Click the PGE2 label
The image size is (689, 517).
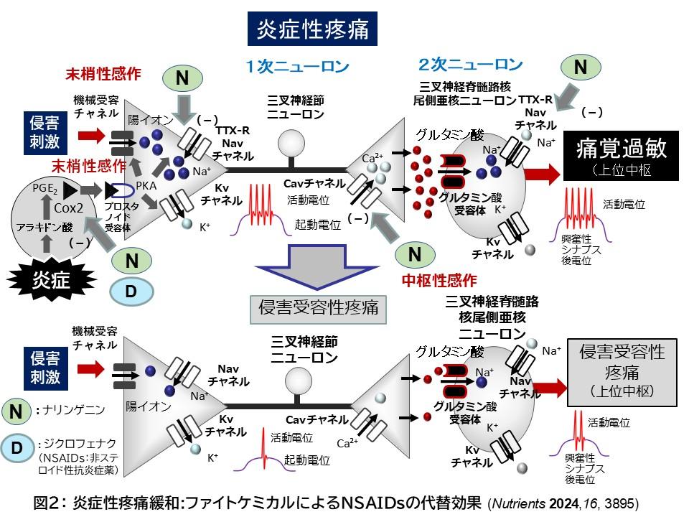(x=45, y=188)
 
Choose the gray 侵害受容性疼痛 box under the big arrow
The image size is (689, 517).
(x=317, y=309)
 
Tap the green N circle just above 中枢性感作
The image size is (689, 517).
(x=415, y=253)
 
